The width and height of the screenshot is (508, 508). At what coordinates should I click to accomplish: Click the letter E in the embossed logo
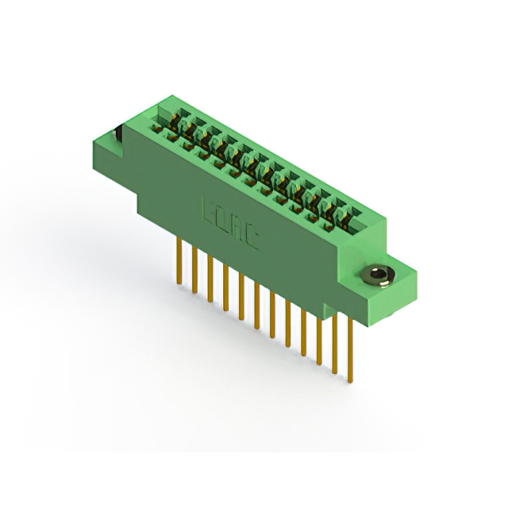click(211, 212)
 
